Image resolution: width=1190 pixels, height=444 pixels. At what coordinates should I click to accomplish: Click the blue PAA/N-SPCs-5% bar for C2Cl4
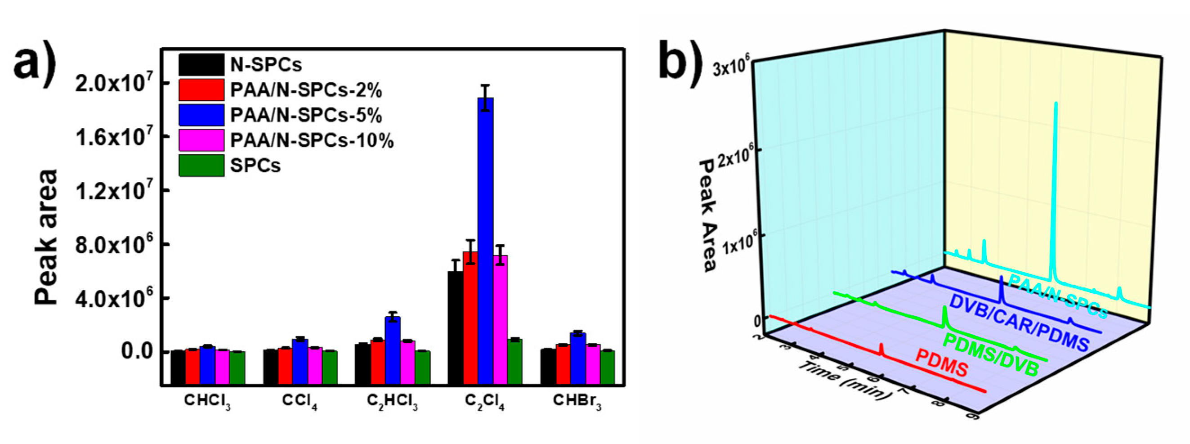tap(486, 240)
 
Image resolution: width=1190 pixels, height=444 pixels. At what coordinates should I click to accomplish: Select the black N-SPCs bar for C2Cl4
tap(456, 328)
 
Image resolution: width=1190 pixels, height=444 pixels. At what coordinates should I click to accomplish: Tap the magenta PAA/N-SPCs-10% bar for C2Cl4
tap(500, 319)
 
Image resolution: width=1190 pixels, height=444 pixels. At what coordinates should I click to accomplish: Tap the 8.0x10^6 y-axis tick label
tap(113, 245)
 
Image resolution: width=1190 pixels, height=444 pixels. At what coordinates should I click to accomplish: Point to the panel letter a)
tap(35, 65)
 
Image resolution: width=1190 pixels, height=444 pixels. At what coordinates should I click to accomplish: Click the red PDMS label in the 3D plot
tap(941, 370)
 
